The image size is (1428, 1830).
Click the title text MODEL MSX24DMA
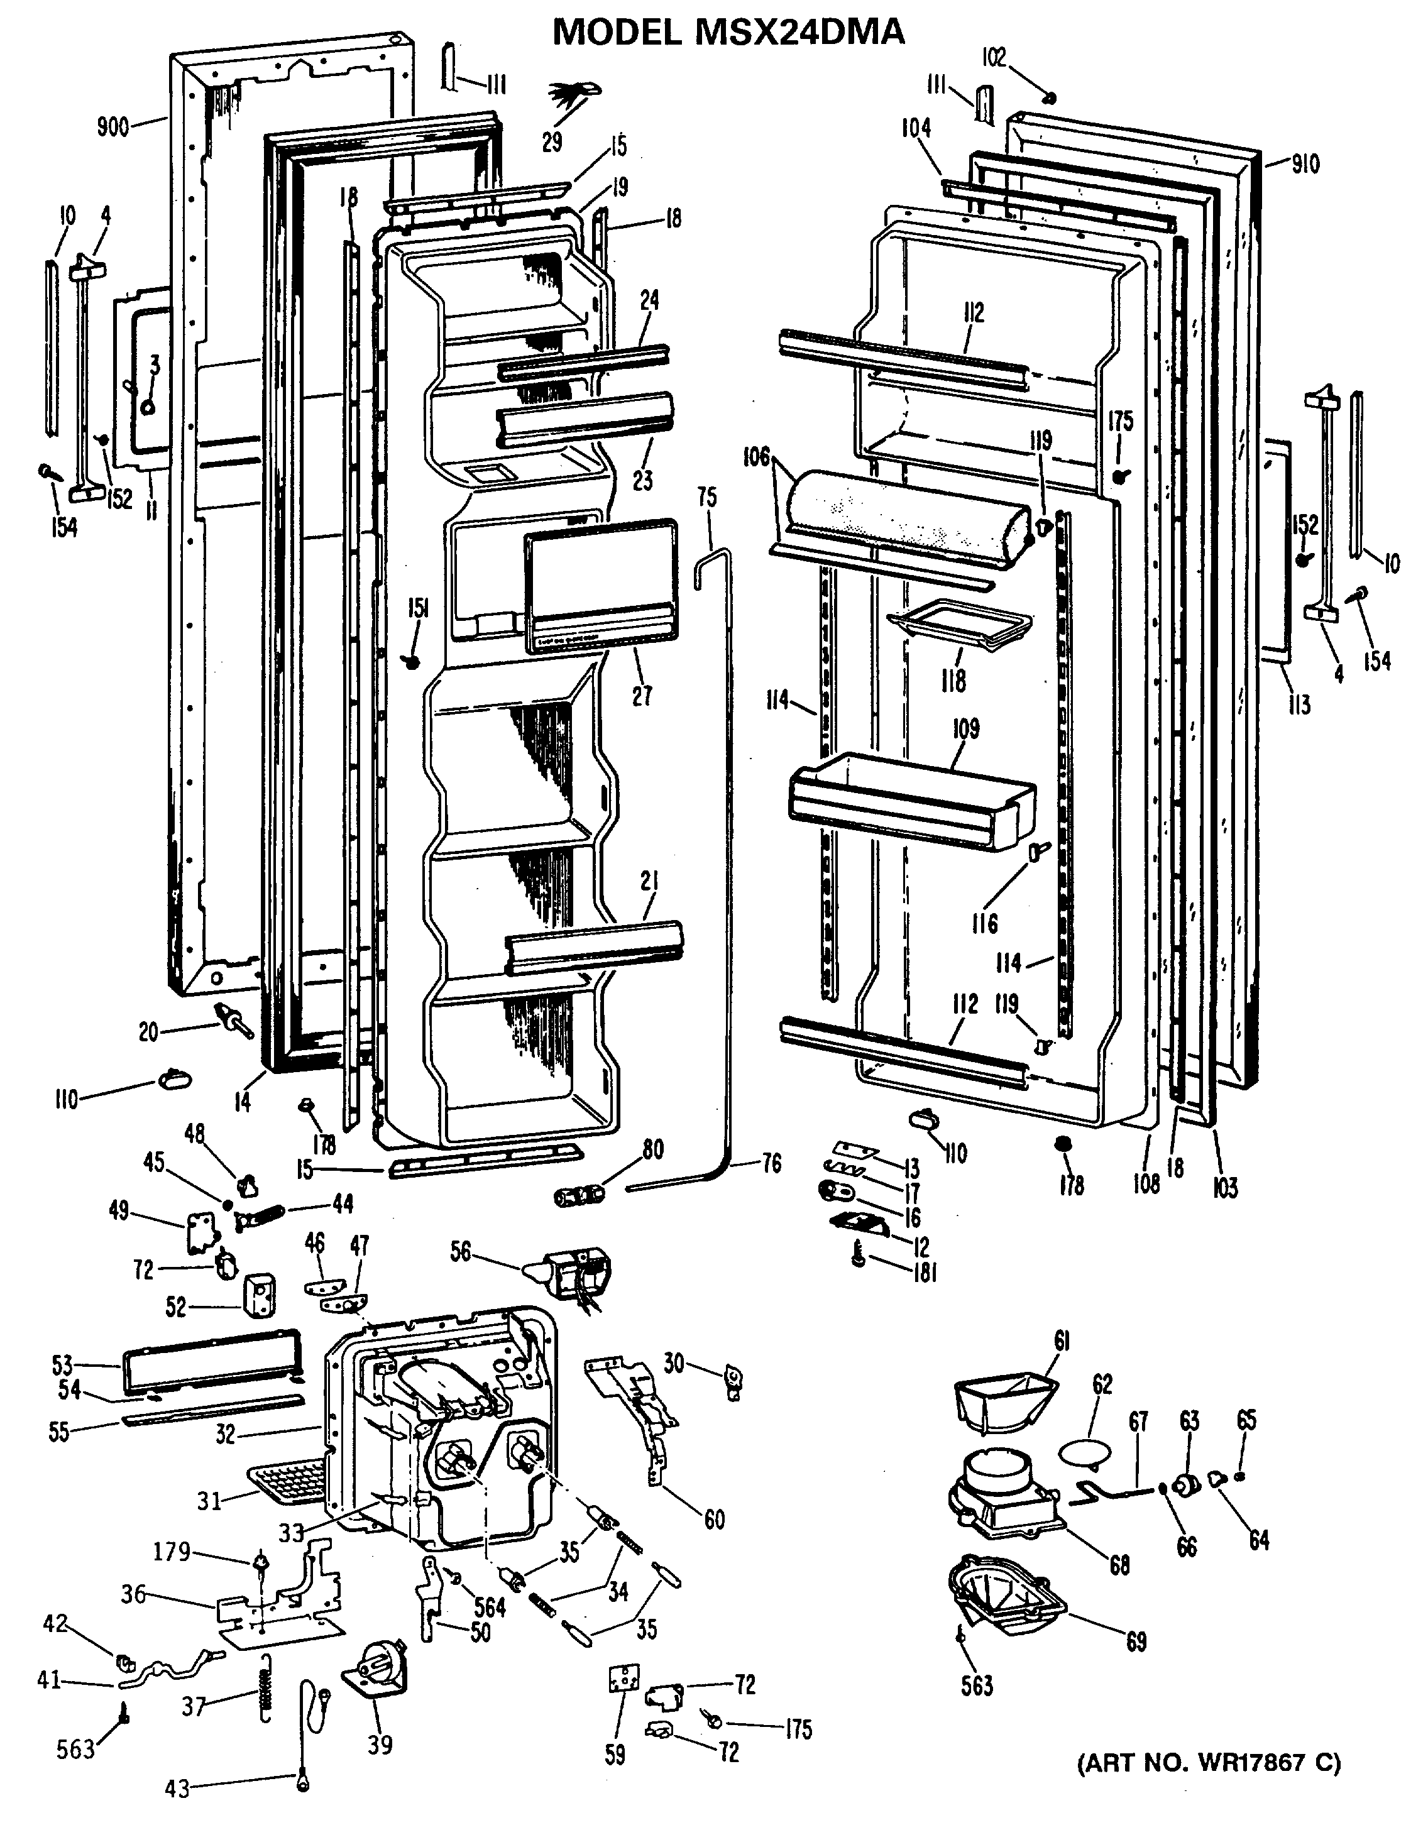728,32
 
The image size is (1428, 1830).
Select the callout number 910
1305,164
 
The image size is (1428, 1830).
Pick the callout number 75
706,497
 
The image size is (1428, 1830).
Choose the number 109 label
965,728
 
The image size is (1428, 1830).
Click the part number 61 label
1062,1340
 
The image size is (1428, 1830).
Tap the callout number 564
490,1604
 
